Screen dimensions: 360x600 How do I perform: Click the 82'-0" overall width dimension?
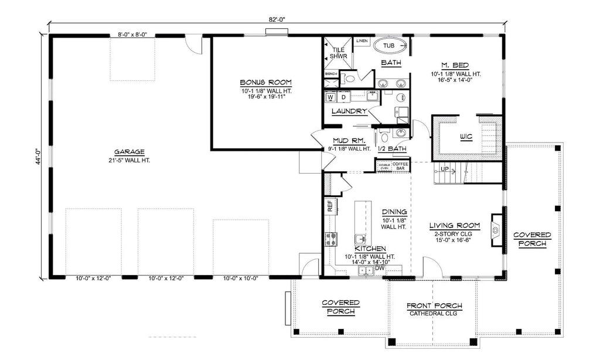tap(278, 19)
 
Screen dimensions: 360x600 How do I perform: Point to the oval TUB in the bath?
tap(389, 45)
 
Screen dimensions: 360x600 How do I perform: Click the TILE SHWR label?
tap(338, 53)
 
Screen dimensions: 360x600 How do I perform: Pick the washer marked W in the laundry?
tap(330, 97)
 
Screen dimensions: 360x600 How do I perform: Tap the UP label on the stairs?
tap(445, 169)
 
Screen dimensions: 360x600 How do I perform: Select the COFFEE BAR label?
tap(400, 166)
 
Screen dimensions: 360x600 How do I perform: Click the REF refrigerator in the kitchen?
tap(330, 206)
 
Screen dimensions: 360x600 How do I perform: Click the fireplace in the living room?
tap(496, 230)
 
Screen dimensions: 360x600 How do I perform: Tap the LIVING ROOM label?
tap(455, 225)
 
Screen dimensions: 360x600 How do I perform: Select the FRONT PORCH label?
tap(434, 305)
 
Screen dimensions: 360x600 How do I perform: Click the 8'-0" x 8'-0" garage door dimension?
tap(132, 35)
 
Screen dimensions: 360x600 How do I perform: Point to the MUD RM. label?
tap(349, 141)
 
